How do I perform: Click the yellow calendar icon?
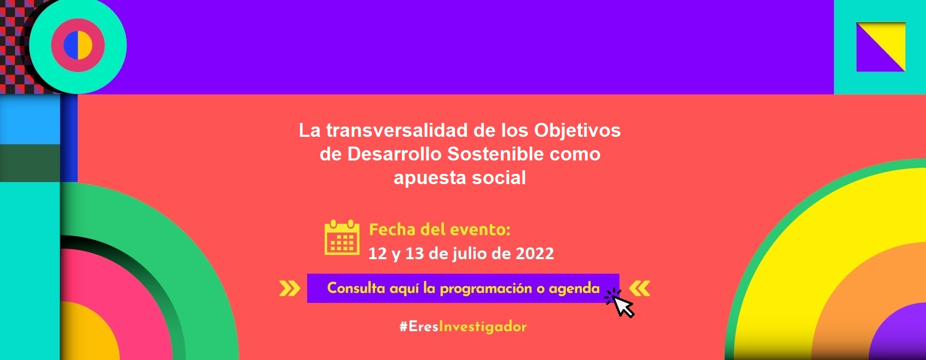(342, 238)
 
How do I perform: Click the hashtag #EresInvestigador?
(463, 327)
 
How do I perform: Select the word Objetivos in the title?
(577, 131)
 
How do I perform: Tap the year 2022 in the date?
(535, 254)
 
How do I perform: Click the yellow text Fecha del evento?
(440, 229)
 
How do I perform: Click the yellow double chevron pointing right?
(290, 289)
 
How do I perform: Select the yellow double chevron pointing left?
(639, 289)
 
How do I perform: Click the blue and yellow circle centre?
(78, 45)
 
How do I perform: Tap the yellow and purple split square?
(881, 47)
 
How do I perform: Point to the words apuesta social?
(460, 178)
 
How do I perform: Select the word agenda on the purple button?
(574, 289)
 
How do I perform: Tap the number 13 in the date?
(414, 254)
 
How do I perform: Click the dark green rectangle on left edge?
(30, 163)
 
